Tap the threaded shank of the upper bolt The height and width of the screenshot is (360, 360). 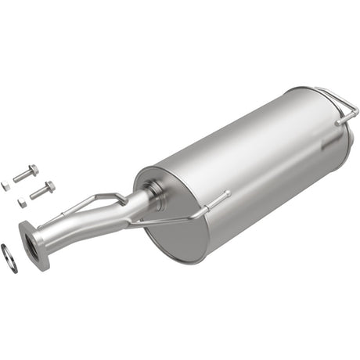(x=21, y=175)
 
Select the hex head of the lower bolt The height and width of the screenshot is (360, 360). (x=49, y=186)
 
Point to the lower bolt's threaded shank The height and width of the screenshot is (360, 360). (x=38, y=192)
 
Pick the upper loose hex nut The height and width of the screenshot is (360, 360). (x=5, y=185)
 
